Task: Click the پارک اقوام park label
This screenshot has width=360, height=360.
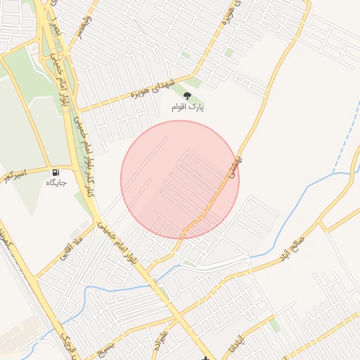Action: click(x=188, y=108)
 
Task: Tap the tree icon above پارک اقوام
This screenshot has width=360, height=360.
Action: click(x=187, y=96)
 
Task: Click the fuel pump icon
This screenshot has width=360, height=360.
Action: click(x=56, y=172)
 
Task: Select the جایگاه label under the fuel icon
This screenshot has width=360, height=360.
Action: click(x=56, y=183)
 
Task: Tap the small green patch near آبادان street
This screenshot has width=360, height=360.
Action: click(x=275, y=326)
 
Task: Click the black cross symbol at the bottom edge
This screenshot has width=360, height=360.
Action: click(x=205, y=358)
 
